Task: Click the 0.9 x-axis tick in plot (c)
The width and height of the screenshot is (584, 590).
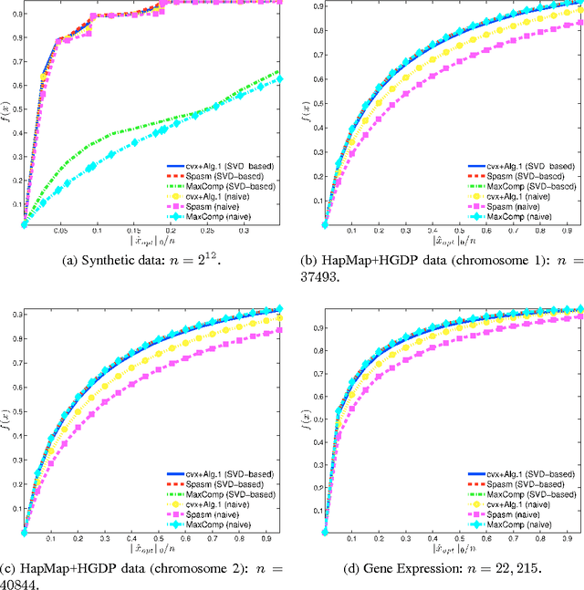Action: tap(268, 540)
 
